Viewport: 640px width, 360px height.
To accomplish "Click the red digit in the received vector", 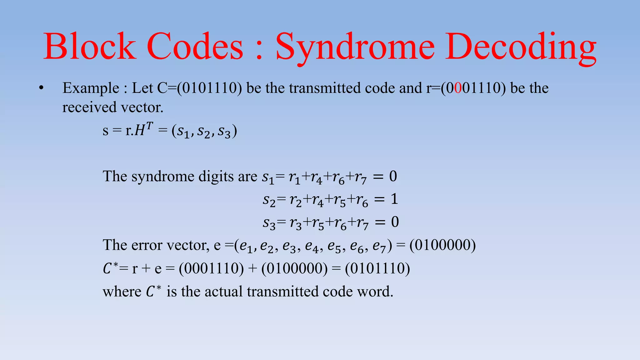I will (x=458, y=88).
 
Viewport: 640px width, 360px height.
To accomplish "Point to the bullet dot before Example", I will (x=41, y=88).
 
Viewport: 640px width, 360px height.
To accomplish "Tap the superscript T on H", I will (x=149, y=126).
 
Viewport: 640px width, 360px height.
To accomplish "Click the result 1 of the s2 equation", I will (x=394, y=199).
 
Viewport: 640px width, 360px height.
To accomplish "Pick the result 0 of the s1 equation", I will (x=393, y=176).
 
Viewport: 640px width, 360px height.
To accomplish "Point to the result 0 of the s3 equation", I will (x=395, y=222).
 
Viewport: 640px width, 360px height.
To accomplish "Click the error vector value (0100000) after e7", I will (x=442, y=245).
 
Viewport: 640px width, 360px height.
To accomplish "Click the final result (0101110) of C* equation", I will (x=377, y=268).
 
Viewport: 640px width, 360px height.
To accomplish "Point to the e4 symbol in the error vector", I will (x=312, y=246).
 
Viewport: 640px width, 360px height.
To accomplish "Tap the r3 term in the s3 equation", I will (x=296, y=223).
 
